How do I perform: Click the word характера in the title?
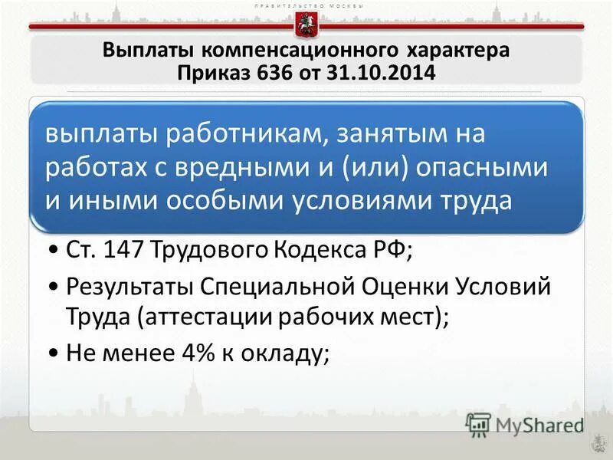point(457,51)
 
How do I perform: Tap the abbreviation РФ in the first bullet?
point(393,251)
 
